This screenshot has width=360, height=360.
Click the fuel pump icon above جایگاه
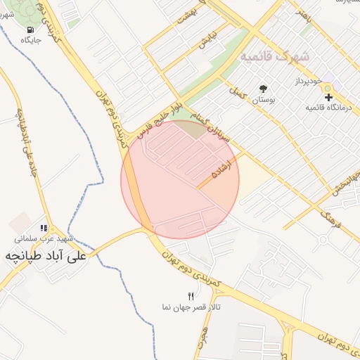(30, 30)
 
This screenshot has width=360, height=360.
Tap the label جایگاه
(32, 40)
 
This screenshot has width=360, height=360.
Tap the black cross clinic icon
(329, 96)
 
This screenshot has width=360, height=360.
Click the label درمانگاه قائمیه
(328, 108)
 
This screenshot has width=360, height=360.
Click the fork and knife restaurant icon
(190, 297)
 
